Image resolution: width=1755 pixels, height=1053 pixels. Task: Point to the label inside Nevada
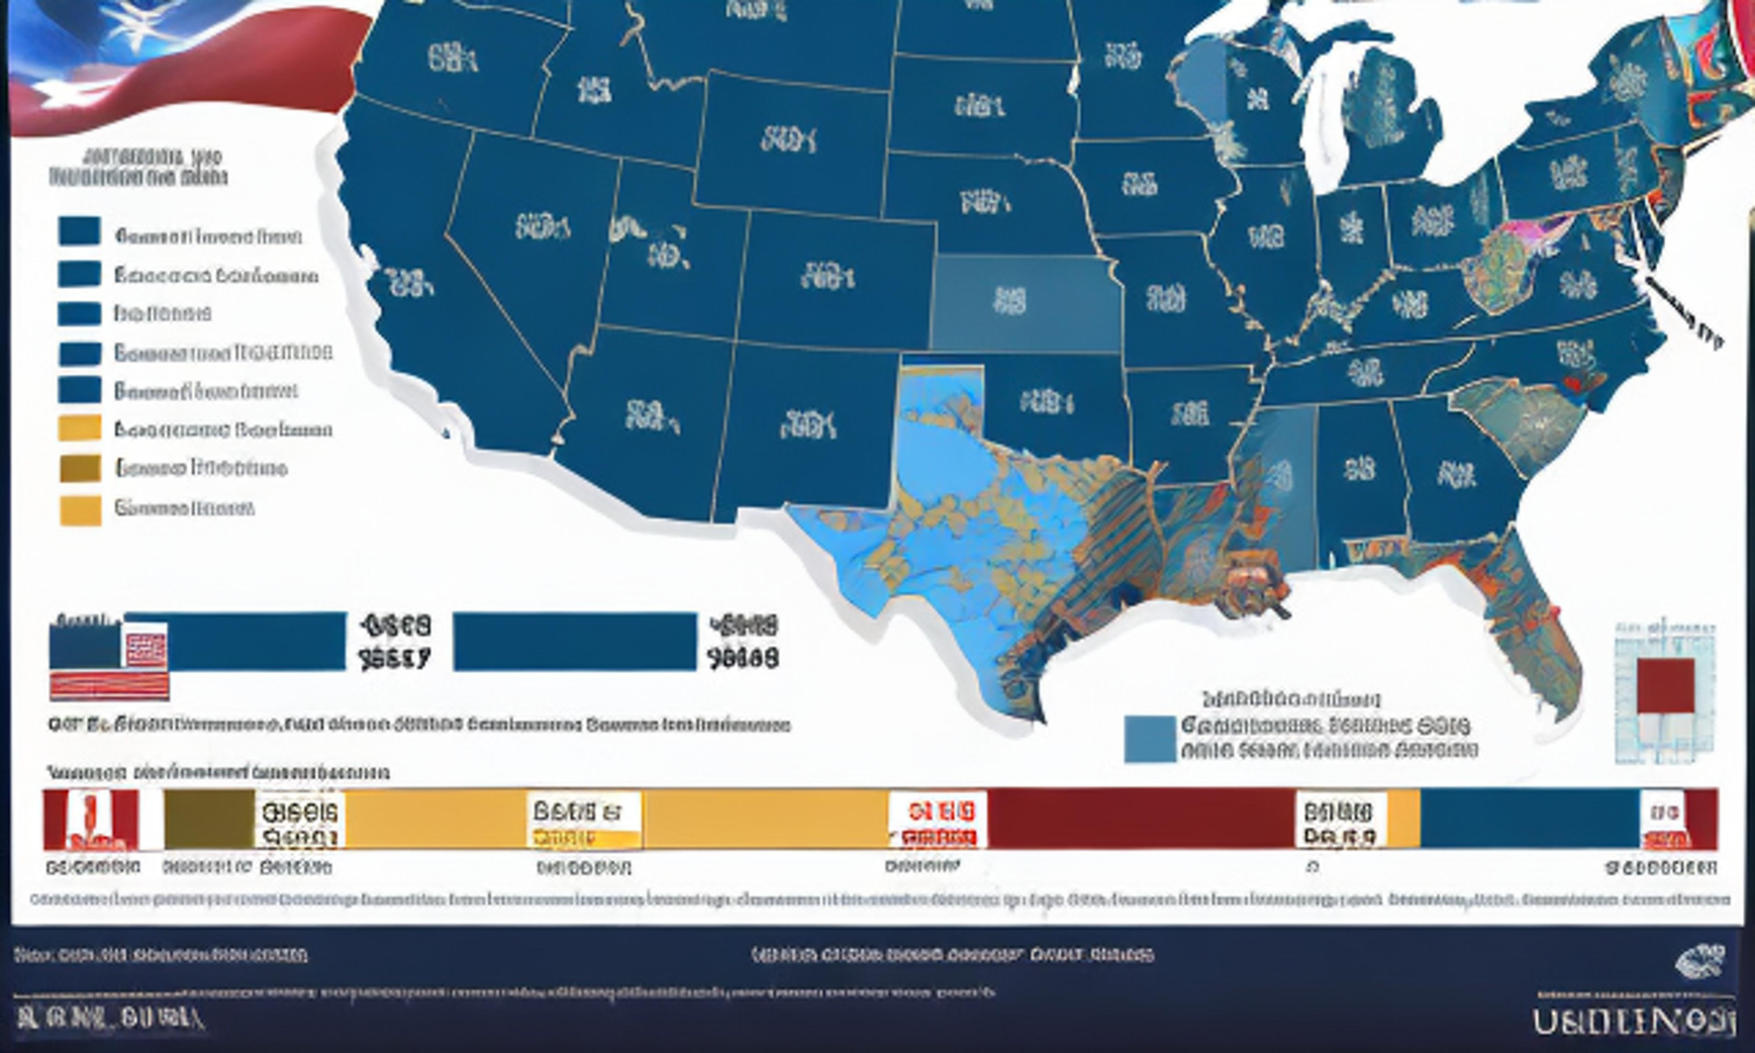[x=542, y=227]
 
